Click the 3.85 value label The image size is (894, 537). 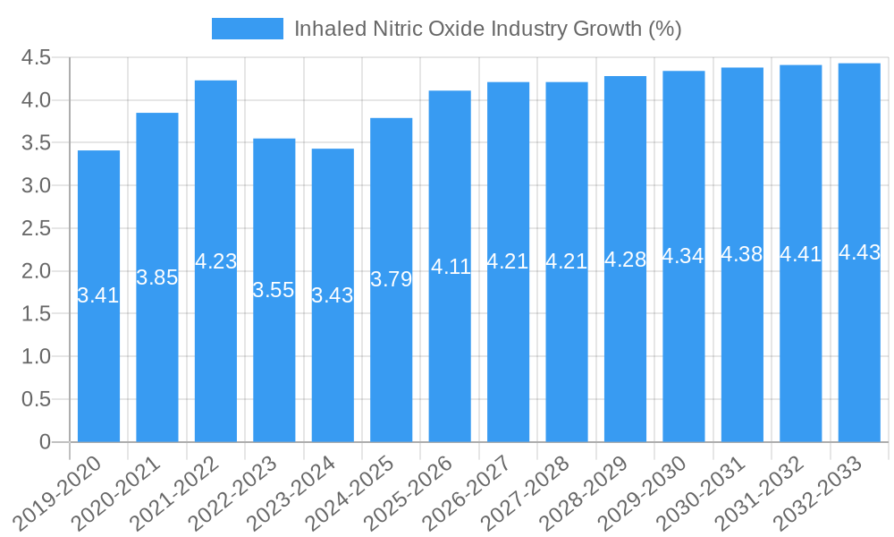point(157,277)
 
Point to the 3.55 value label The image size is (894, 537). point(274,290)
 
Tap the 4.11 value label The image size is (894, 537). point(450,266)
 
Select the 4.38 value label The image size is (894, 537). point(742,254)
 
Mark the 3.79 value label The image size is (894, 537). point(391,279)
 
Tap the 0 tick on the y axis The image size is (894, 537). point(45,442)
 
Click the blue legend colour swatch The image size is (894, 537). point(248,29)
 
